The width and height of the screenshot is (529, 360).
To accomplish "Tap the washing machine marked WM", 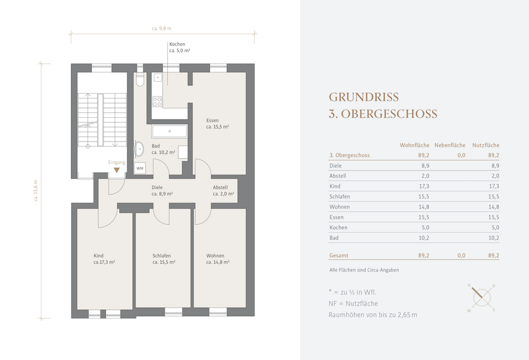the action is pos(140,168).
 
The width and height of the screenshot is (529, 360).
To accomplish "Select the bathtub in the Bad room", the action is pos(169,131).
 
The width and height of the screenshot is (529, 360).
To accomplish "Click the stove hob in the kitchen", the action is pos(157,102).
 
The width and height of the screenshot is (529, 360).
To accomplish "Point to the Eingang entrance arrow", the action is pos(117,170).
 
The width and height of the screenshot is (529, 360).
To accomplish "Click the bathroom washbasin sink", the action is pos(139,149).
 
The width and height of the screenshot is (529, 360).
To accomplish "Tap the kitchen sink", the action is pos(157,78).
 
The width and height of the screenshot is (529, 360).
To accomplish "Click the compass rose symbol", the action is pos(482,297).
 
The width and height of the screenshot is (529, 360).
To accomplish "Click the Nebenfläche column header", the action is pos(450,145).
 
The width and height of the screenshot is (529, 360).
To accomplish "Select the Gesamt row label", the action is pos(338,256).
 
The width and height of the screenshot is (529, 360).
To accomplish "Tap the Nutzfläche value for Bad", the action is pos(493,238).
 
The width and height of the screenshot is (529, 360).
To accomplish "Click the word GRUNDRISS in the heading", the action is pos(364,97).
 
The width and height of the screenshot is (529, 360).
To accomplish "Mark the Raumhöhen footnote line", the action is pos(373,315).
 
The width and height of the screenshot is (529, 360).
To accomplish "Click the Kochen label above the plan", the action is pos(177,44).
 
